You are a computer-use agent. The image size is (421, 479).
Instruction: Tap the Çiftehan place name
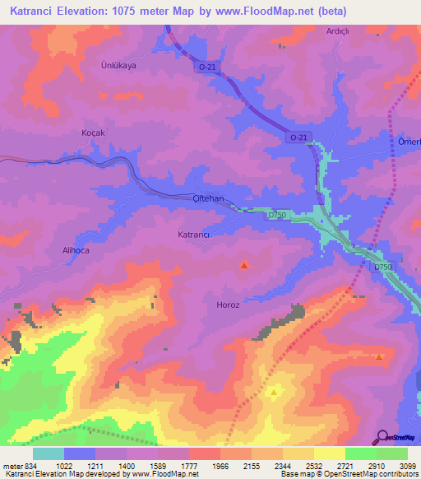(x=209, y=199)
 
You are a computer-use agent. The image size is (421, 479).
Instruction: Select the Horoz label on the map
(x=227, y=305)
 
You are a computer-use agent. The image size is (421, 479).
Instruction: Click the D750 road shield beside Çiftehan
(x=277, y=216)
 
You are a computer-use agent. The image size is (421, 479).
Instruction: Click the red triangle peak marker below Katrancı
(x=243, y=265)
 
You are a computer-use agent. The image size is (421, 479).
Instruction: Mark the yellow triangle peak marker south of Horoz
(x=274, y=393)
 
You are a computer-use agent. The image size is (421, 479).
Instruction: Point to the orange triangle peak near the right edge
(x=379, y=356)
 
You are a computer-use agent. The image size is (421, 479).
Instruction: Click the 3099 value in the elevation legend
(x=398, y=467)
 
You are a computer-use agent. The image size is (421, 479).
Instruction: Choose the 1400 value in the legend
(x=127, y=467)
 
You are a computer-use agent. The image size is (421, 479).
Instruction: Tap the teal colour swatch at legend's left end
(x=49, y=453)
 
